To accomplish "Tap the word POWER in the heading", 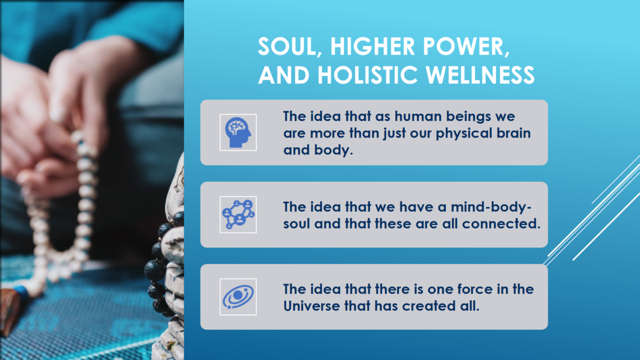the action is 463,46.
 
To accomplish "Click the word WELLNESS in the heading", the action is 480,75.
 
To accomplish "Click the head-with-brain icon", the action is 238,132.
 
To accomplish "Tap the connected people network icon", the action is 238,214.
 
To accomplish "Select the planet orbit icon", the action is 238,297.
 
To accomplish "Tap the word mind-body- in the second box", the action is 491,207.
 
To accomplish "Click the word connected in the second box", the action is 501,223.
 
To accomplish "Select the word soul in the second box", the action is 297,223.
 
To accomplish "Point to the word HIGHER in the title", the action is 373,46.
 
